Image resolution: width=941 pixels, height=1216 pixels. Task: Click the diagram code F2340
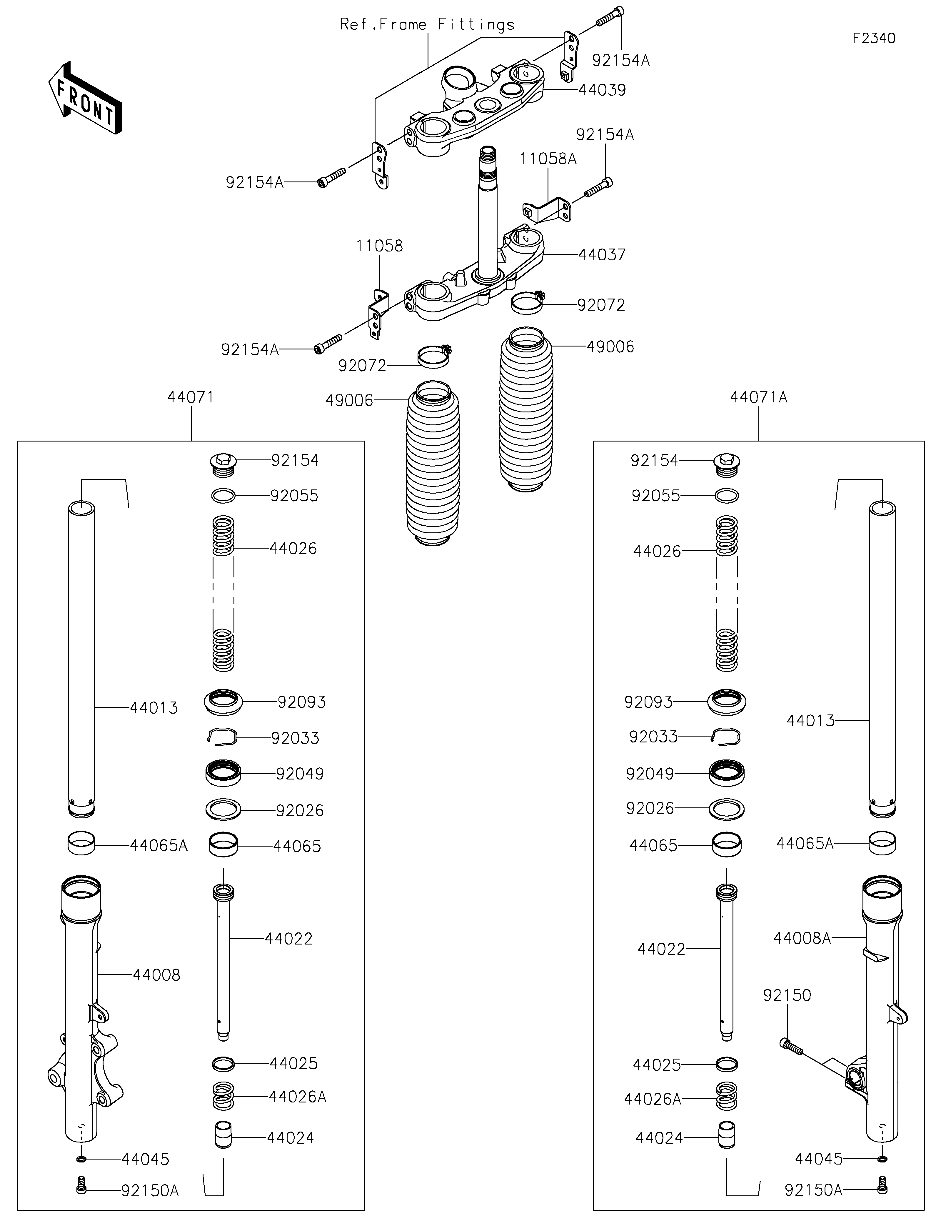coord(874,39)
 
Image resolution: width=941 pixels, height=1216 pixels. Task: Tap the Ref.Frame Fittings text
coord(427,24)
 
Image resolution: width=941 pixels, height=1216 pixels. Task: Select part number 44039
coord(602,90)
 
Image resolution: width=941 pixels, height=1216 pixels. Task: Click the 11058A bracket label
coord(548,159)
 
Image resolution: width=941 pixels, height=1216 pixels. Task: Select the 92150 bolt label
coord(787,995)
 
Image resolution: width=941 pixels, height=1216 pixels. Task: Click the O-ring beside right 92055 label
coord(727,495)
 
